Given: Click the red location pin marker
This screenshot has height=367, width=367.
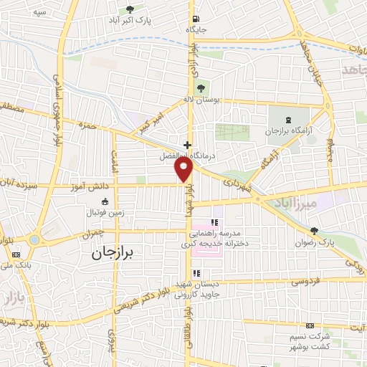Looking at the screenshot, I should coord(184,168).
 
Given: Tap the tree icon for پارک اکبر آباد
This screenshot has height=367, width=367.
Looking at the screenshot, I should coord(129,9).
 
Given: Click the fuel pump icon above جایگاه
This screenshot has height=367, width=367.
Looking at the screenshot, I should coord(196,19).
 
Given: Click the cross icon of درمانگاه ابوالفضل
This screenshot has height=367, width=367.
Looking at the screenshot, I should coord(187,144).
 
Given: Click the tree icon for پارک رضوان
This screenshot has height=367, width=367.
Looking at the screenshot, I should coord(313,231).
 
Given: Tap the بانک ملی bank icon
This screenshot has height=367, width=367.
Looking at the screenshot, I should coord(16,254).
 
